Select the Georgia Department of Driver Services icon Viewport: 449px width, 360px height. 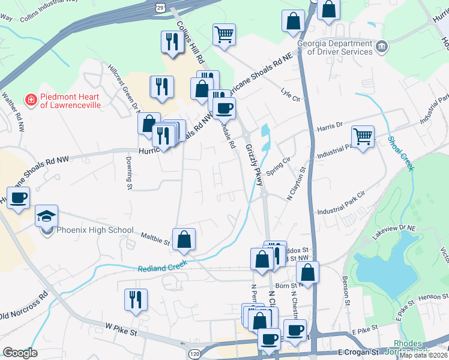381,47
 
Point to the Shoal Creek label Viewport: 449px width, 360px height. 401,152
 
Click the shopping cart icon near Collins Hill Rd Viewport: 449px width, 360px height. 224,34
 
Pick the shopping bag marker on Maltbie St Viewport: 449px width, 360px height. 184,238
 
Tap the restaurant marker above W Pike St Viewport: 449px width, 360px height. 136,299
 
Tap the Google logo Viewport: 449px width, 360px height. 20,353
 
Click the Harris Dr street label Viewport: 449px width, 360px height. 329,127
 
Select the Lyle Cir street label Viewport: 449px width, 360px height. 290,95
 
